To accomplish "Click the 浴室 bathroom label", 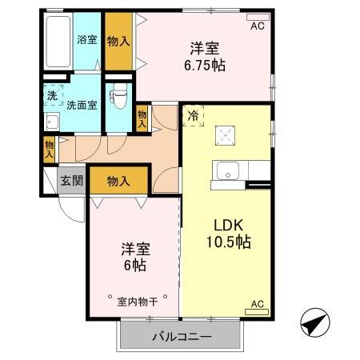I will pyautogui.click(x=86, y=38).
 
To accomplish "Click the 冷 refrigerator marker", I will pyautogui.click(x=194, y=115).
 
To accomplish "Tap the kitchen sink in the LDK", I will pyautogui.click(x=226, y=170).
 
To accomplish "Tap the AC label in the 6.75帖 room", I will pyautogui.click(x=258, y=26).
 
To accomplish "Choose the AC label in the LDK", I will pyautogui.click(x=258, y=304).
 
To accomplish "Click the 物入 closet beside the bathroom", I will pyautogui.click(x=118, y=39).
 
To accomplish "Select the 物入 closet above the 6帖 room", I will pyautogui.click(x=118, y=182).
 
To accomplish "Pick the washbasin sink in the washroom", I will pyautogui.click(x=52, y=122).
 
